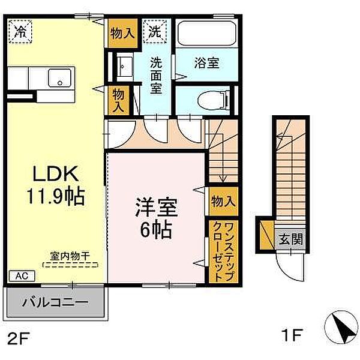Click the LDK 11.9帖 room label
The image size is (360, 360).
click(56, 185)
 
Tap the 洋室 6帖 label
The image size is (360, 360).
click(157, 218)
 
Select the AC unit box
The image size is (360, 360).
click(22, 276)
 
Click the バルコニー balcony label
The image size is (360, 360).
click(55, 302)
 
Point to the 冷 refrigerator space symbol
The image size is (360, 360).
click(20, 31)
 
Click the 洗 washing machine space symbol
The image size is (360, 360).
click(155, 31)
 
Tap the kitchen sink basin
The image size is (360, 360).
click(59, 78)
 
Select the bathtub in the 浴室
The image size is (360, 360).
click(207, 34)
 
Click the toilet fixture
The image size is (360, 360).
click(214, 100)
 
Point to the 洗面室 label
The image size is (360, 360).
click(156, 76)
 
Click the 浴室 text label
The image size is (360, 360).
click(206, 63)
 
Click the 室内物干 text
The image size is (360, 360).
click(70, 256)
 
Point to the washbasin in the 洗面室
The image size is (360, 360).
click(125, 67)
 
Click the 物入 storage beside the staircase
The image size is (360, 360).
click(223, 202)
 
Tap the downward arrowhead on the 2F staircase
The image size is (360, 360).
click(223, 179)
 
